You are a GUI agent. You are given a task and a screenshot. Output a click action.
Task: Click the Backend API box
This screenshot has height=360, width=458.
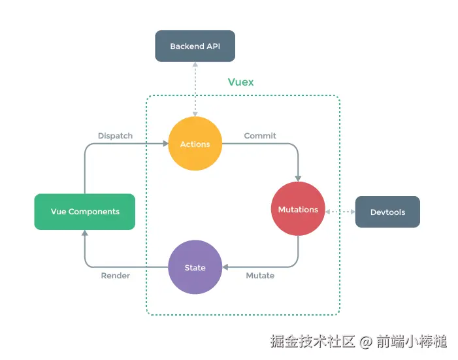point(194,46)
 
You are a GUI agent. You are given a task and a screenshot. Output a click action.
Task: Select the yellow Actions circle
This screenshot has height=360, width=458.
point(195,144)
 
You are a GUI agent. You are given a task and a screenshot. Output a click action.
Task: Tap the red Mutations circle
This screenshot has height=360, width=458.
point(298,209)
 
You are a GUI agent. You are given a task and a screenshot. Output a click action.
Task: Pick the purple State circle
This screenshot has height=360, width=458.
point(195,267)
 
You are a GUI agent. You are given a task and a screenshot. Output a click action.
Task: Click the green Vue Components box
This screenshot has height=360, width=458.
point(85,212)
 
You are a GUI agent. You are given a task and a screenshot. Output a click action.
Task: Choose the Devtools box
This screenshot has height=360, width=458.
point(387,212)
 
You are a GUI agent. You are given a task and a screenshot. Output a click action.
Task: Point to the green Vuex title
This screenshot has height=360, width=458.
point(240,82)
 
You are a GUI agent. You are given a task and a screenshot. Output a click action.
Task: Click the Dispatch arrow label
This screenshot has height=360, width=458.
point(115,136)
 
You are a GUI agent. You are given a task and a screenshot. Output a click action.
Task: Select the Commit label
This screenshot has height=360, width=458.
point(260,136)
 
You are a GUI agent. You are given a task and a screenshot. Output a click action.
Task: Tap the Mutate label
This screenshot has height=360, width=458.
point(260,276)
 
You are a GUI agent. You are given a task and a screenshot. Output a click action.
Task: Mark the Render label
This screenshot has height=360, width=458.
point(115,276)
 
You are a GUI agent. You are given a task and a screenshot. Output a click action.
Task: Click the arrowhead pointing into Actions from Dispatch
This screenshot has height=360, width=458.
point(164,144)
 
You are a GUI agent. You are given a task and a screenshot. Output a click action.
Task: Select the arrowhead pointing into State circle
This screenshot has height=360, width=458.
point(225,267)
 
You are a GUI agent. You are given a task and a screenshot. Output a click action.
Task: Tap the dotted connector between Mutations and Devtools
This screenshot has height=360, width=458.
point(340,212)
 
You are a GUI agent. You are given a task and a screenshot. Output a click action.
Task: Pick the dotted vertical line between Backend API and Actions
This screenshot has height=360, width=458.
point(195,88)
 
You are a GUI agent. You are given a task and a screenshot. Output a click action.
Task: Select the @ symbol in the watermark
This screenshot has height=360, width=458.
point(366,341)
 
